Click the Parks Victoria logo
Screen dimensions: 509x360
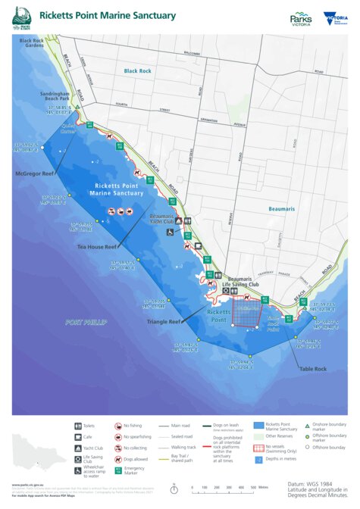coord(301,18)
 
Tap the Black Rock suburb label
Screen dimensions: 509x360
coord(139,70)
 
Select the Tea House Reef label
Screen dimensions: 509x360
coord(96,246)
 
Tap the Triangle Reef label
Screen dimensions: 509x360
coord(164,321)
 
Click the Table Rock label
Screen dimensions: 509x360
coord(312,369)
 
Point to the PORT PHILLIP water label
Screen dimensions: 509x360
coord(86,322)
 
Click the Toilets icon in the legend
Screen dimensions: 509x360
coord(79,426)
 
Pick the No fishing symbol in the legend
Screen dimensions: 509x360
coord(118,426)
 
